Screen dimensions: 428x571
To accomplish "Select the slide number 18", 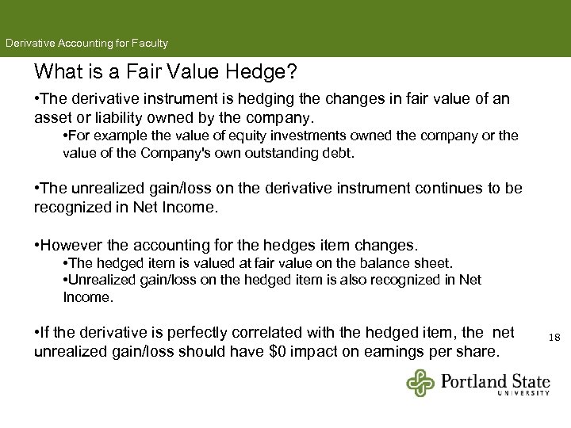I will point(554,338).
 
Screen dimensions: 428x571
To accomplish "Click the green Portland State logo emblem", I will point(420,383).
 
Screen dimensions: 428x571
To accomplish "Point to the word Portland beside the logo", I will point(475,379).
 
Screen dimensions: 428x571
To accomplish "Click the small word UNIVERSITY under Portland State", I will point(524,392).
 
